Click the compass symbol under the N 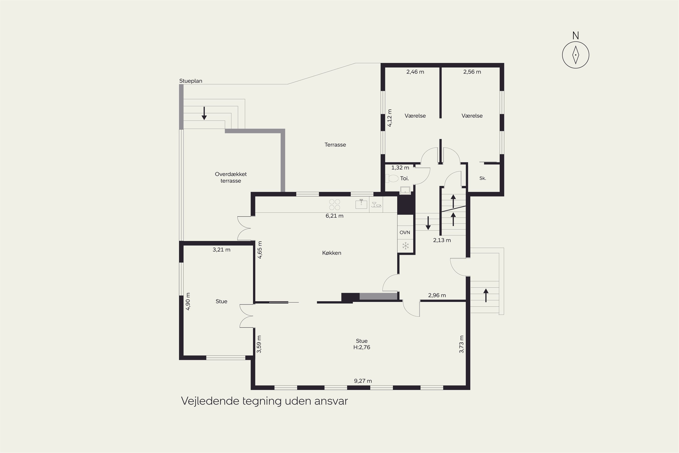pyautogui.click(x=575, y=55)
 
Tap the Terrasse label pyautogui.click(x=335, y=145)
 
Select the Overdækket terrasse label pyautogui.click(x=231, y=177)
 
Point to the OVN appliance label pyautogui.click(x=405, y=233)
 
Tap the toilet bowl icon pyautogui.click(x=392, y=178)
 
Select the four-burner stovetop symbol pyautogui.click(x=335, y=205)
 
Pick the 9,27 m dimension pyautogui.click(x=363, y=381)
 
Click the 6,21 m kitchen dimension pyautogui.click(x=334, y=216)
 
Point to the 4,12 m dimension pyautogui.click(x=390, y=118)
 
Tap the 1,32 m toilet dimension pyautogui.click(x=400, y=168)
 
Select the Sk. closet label pyautogui.click(x=483, y=178)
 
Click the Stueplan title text pyautogui.click(x=191, y=81)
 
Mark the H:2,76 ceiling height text pyautogui.click(x=362, y=347)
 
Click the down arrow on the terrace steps pyautogui.click(x=204, y=113)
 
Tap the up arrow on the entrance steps pyautogui.click(x=486, y=295)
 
